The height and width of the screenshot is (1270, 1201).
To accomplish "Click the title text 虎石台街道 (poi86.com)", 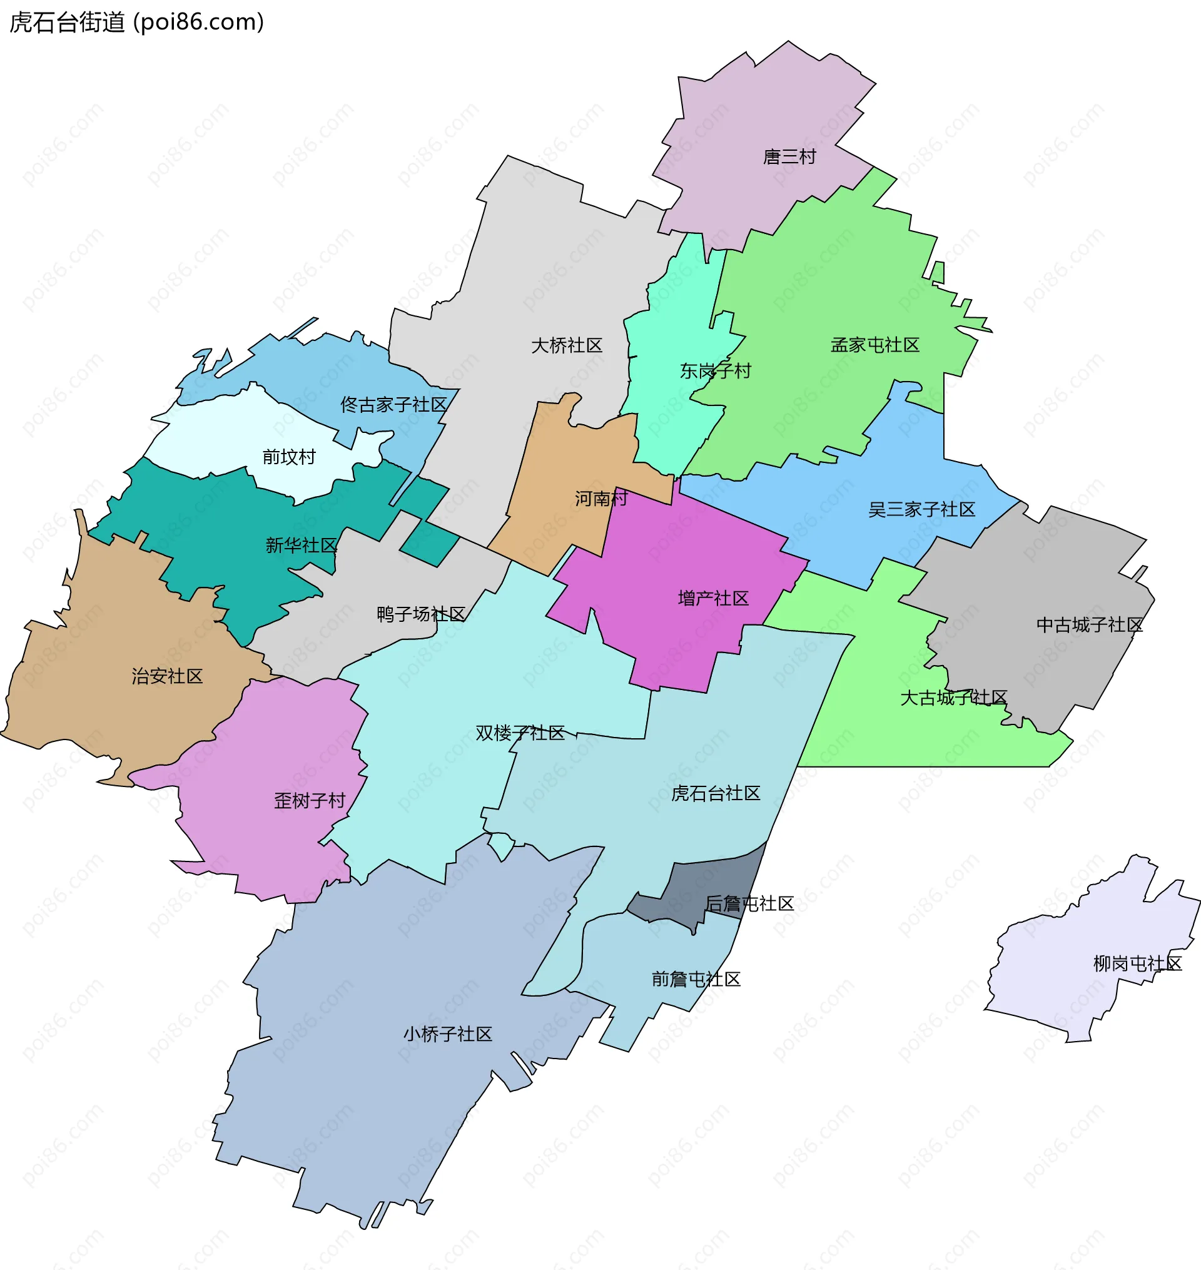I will [x=136, y=23].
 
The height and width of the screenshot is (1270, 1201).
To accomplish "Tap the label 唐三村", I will [x=789, y=157].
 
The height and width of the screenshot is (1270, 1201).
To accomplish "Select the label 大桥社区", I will [x=567, y=346].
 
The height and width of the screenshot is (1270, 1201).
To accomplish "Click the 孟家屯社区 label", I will [x=874, y=345].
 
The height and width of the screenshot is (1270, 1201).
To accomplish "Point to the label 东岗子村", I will [x=715, y=370].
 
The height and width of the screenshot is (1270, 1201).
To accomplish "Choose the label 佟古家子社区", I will [x=393, y=405].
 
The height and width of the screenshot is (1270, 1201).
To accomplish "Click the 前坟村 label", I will [x=289, y=457].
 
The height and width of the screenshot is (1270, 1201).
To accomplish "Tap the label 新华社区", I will [x=301, y=546].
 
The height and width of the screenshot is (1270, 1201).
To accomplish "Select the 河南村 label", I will [x=600, y=499].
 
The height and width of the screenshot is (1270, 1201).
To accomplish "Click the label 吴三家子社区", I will [x=921, y=509].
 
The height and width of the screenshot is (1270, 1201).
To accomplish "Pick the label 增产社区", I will [x=713, y=599].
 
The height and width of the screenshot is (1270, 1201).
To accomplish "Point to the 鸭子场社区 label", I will [x=420, y=614].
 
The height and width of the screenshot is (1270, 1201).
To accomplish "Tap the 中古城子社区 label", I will [x=1089, y=625].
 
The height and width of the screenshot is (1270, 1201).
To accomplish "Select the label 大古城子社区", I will [x=953, y=698].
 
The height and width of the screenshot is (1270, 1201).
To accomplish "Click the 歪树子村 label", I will [x=309, y=801].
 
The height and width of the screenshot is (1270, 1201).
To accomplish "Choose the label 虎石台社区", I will [x=715, y=794].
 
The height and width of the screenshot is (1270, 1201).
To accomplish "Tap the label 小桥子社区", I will [x=447, y=1034].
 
